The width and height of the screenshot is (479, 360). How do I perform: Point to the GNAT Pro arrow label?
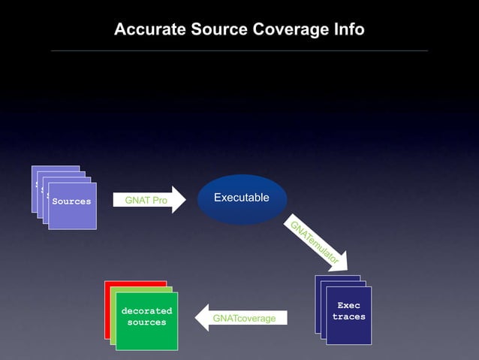coord(146,201)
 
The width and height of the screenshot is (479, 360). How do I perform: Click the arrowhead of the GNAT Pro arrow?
coord(179,200)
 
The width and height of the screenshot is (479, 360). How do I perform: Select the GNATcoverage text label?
coord(244,319)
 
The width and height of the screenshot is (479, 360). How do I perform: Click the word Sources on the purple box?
coord(71,201)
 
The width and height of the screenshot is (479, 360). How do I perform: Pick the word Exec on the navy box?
coord(348,305)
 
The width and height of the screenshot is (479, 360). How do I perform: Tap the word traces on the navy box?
coord(348,316)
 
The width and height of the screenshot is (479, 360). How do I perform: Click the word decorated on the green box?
coord(146,310)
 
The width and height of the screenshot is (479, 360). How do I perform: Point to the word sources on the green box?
coord(146,322)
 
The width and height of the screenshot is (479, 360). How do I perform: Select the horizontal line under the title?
coord(239,50)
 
